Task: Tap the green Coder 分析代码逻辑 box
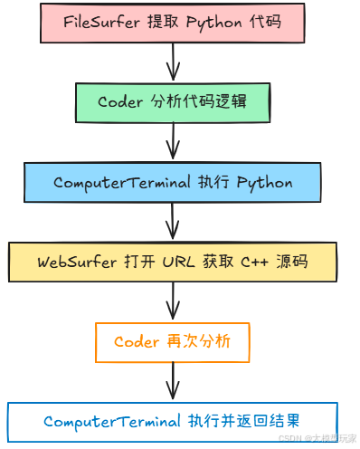pos(173,102)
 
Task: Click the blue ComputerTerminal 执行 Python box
pos(173,182)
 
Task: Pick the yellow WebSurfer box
pos(173,262)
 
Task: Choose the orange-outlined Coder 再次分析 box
pos(173,342)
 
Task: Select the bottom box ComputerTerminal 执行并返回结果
pos(173,421)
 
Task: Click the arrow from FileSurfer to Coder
pos(173,62)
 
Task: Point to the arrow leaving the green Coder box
pos(173,142)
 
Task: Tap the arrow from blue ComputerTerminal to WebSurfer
pos(173,222)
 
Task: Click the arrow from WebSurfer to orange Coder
pos(173,301)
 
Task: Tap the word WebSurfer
pos(77,262)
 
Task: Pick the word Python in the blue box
pos(264,182)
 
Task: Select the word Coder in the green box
pos(119,102)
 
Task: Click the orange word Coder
pos(137,342)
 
